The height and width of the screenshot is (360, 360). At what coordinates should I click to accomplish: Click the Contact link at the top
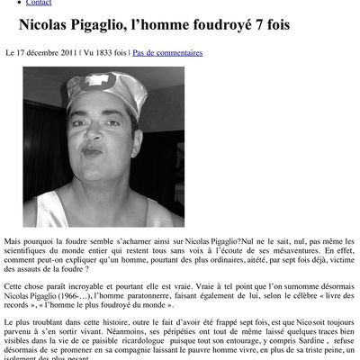pos(39,4)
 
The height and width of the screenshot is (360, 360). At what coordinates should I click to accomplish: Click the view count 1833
pos(109,53)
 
